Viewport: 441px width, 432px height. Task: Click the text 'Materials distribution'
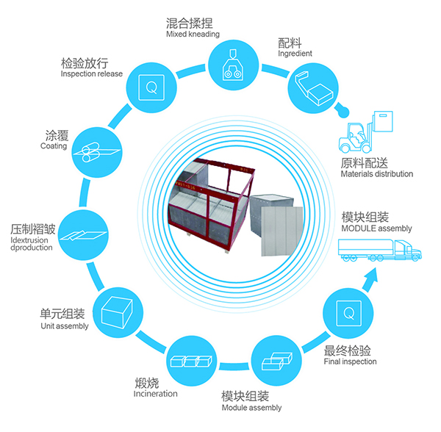pos(376,174)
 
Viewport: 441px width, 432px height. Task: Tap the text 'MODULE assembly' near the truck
pos(376,228)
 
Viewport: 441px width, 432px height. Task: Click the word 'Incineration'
pos(155,394)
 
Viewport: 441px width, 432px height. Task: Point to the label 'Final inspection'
pos(350,361)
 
